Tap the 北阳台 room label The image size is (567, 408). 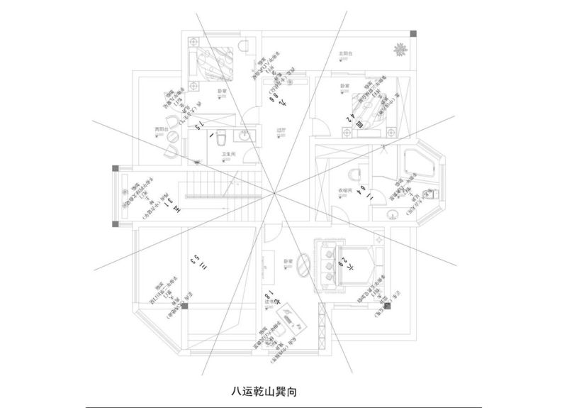click(346, 54)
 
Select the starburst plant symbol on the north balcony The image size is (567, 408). click(399, 50)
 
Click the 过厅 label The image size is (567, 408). click(280, 131)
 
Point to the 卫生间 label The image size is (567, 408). click(228, 154)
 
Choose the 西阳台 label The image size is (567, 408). click(162, 129)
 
